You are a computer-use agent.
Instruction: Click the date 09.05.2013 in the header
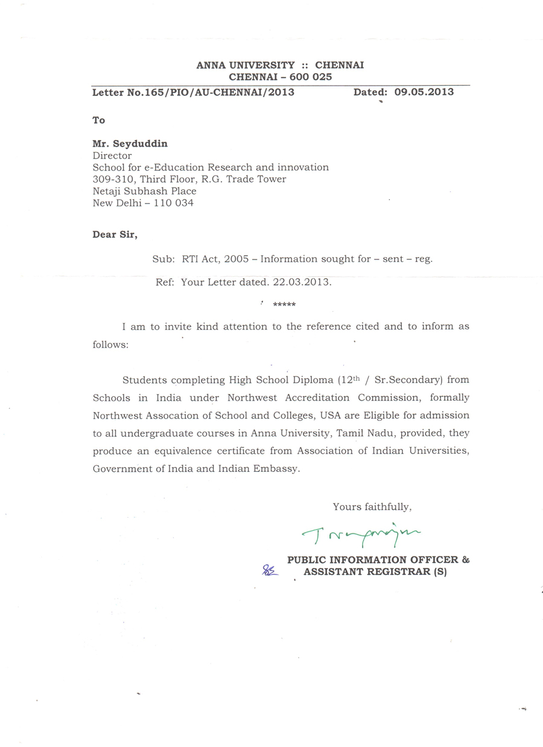[424, 92]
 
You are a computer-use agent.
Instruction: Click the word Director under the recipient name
[112, 156]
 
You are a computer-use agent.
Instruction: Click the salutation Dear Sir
[115, 235]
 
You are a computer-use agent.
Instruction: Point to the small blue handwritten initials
[270, 570]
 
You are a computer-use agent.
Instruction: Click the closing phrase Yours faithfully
[372, 507]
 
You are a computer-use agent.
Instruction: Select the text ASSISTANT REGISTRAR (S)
[375, 571]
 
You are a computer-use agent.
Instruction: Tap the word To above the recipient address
[98, 120]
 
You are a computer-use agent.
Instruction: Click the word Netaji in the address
[107, 191]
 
